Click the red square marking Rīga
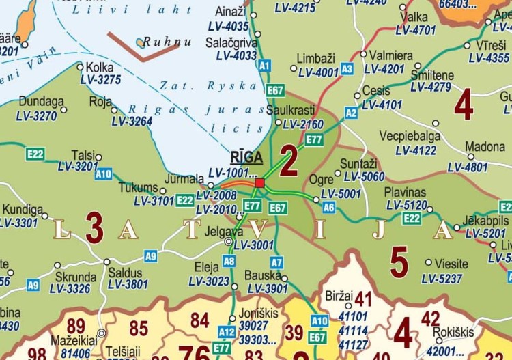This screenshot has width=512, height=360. click(259, 182)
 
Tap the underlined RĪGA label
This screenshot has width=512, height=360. click(246, 157)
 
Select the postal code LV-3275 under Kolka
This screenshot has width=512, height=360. click(100, 80)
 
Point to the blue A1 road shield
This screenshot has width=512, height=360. click(265, 66)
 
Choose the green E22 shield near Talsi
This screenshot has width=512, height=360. click(35, 154)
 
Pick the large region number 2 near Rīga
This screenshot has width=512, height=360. click(289, 161)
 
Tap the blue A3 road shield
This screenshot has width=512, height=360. click(347, 68)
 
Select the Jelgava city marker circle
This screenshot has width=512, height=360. click(229, 241)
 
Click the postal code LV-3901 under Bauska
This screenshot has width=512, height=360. click(267, 289)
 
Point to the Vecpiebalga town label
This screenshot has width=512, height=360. click(410, 135)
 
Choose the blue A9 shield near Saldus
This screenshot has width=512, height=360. click(151, 256)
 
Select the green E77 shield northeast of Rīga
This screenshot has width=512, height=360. click(314, 139)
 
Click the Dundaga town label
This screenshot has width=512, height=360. click(41, 101)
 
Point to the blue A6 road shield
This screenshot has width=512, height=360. click(328, 207)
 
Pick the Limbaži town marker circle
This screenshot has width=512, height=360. click(294, 68)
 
